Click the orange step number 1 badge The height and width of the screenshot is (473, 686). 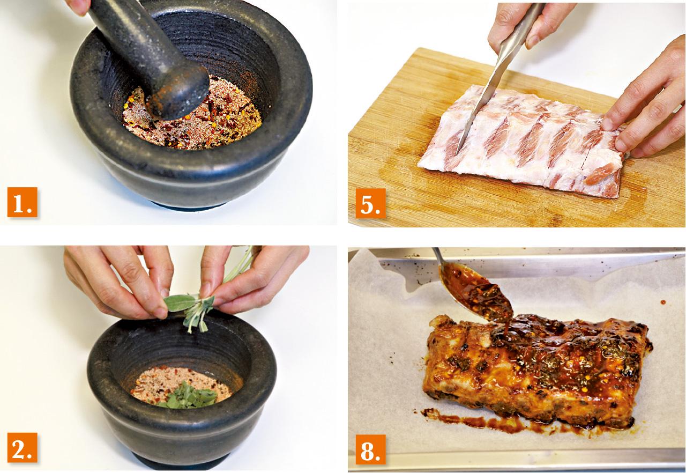click(23, 202)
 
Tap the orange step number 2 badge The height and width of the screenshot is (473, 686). click(23, 448)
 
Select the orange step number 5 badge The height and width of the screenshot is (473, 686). click(370, 203)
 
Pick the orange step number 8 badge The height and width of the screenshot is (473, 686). click(370, 449)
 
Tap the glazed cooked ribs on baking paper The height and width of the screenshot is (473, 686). click(536, 371)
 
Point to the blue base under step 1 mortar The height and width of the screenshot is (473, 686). click(190, 206)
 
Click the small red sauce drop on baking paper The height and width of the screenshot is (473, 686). click(663, 302)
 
